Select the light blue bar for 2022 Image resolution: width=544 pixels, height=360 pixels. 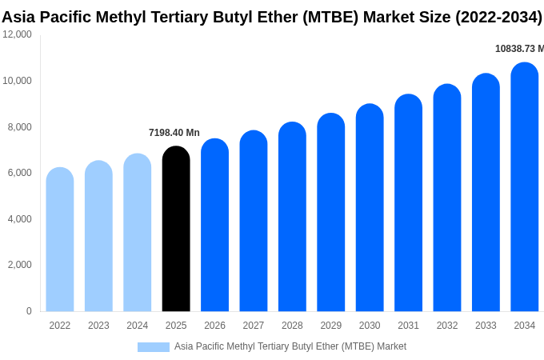click(60, 239)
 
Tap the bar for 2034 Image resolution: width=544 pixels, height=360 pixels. click(525, 187)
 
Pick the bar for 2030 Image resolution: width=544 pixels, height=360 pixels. click(370, 208)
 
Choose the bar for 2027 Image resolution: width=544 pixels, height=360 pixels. click(254, 221)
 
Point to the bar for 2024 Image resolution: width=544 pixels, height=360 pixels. click(138, 233)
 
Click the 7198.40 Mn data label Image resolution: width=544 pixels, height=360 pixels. click(174, 133)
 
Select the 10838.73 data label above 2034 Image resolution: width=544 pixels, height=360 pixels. click(519, 49)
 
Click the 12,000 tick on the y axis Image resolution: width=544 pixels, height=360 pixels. click(17, 34)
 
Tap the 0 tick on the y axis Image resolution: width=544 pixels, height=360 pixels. click(29, 311)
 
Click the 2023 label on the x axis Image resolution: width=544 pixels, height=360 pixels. click(98, 326)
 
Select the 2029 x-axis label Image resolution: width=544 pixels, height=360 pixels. click(331, 326)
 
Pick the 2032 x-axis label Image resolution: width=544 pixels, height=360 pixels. click(447, 326)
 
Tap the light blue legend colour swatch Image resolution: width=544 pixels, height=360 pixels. click(154, 347)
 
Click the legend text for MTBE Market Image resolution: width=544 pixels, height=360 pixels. click(290, 346)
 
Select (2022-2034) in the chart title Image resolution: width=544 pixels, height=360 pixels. click(498, 17)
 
